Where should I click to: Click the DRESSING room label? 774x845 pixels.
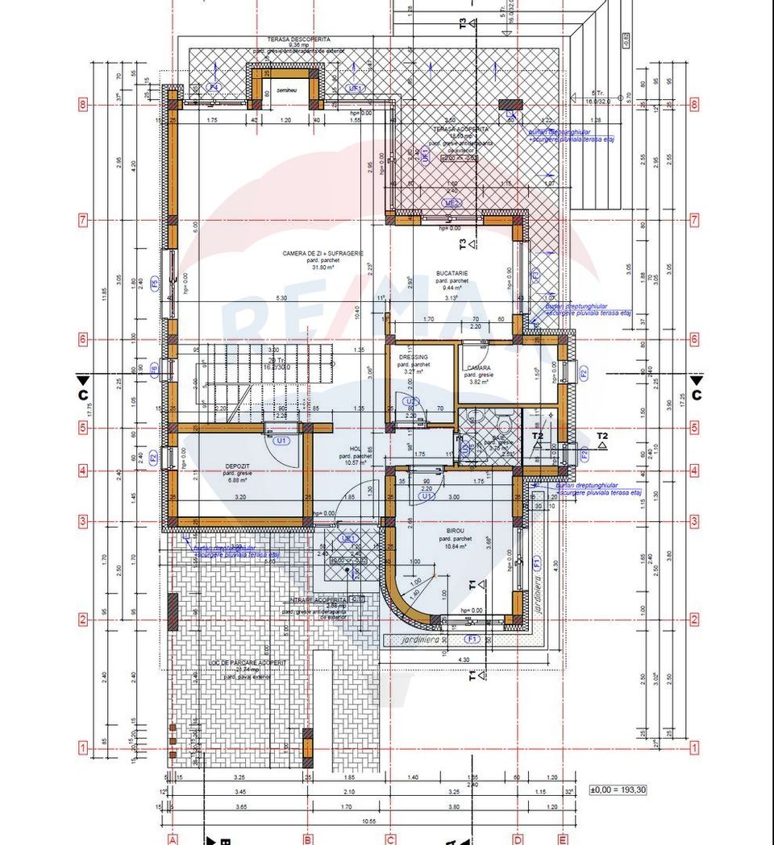pos(414,357)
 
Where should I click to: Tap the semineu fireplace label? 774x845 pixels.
pos(287,90)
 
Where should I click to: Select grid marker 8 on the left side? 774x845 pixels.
pos(82,104)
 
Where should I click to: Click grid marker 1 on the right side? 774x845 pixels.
pos(695,748)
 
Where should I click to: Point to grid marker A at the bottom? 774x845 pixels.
pos(172,839)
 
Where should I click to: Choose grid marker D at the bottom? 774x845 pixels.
pos(518,839)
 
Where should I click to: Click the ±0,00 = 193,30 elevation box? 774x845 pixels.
pos(618,789)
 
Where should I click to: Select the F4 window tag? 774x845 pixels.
pos(214,87)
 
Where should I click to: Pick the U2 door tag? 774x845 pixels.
pos(410,401)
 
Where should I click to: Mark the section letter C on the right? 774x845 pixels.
pos(697,395)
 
